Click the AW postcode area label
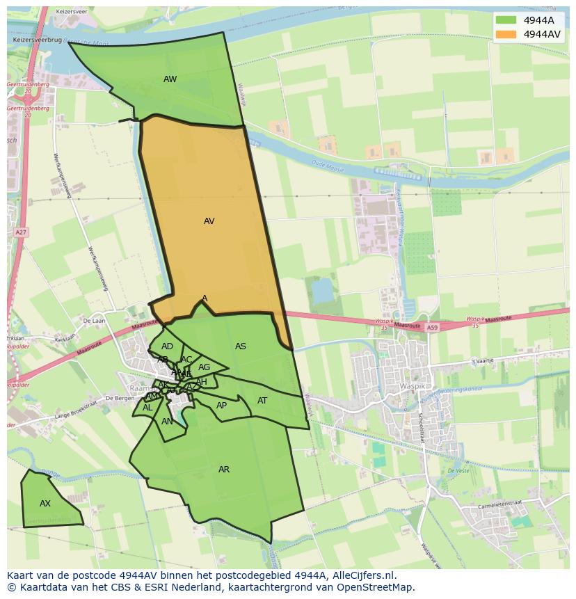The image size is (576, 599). point(170,79)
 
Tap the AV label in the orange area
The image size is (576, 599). point(209,221)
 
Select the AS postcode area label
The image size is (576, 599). point(241,346)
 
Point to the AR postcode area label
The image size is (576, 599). point(224,470)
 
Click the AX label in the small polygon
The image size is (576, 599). point(45,504)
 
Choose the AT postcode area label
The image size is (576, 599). point(262,401)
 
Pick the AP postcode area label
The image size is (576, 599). point(221,406)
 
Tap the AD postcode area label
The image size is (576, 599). point(167,346)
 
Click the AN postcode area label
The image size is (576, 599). point(167,422)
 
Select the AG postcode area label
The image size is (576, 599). point(204,367)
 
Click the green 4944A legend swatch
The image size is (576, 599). point(506,20)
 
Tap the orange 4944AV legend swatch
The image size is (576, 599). point(506,34)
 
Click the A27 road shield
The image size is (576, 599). point(21,232)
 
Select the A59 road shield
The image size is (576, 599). point(432,327)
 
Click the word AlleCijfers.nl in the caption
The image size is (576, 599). point(362,575)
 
